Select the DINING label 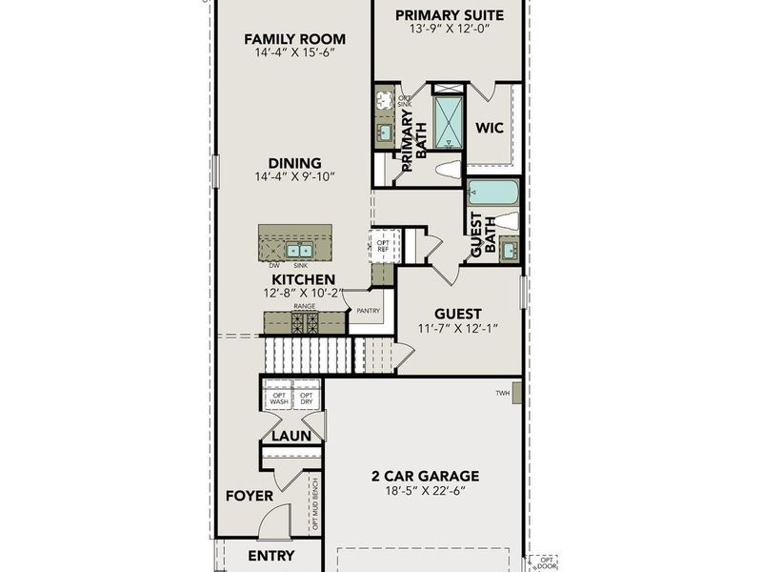(x=294, y=163)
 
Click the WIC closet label (x=490, y=127)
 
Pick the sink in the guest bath (x=510, y=251)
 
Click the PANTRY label (x=368, y=311)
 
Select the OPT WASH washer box (x=279, y=398)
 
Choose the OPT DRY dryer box (x=307, y=398)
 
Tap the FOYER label (x=249, y=496)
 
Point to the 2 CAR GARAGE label (x=425, y=476)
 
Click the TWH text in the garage (x=502, y=393)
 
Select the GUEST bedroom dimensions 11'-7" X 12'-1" (x=458, y=329)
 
